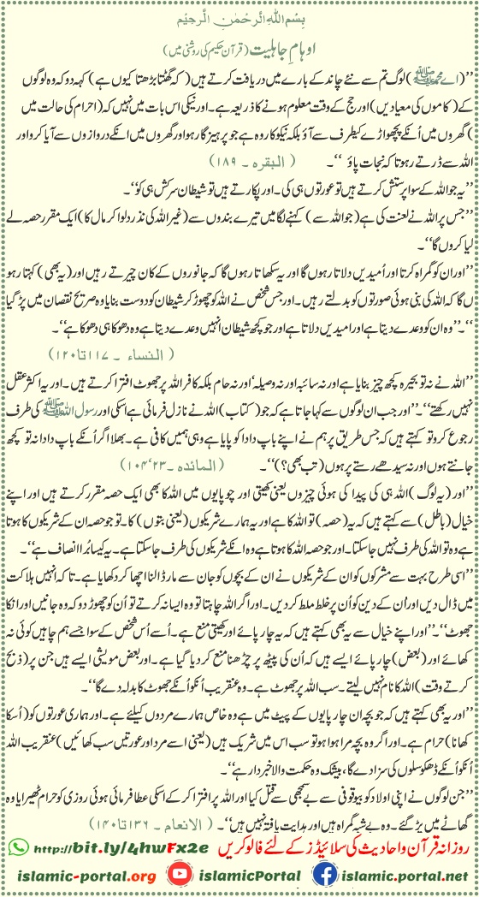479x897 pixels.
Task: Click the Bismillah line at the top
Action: pos(239,16)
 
